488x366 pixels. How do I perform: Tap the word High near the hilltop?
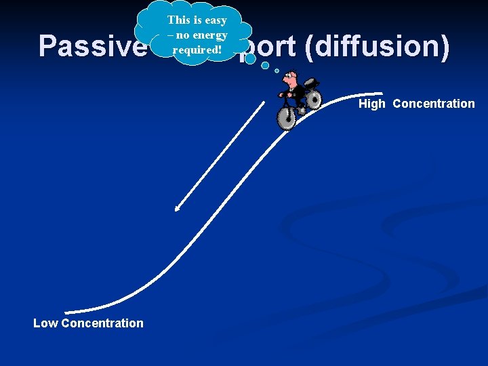pyautogui.click(x=372, y=104)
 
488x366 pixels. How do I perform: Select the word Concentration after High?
pyautogui.click(x=434, y=104)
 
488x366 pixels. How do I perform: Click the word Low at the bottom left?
pyautogui.click(x=45, y=323)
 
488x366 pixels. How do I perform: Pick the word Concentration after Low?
pyautogui.click(x=102, y=323)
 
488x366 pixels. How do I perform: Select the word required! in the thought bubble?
pyautogui.click(x=199, y=50)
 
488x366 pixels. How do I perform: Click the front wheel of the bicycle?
pyautogui.click(x=287, y=118)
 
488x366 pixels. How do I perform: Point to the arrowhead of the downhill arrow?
pyautogui.click(x=176, y=209)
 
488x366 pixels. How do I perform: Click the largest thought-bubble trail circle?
pyautogui.click(x=250, y=59)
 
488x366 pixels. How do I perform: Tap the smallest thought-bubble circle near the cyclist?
pyautogui.click(x=277, y=70)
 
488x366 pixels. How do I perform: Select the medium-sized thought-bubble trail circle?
pyautogui.click(x=265, y=66)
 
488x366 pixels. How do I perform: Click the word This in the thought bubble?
pyautogui.click(x=180, y=20)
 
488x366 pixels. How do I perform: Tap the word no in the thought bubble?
pyautogui.click(x=181, y=35)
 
